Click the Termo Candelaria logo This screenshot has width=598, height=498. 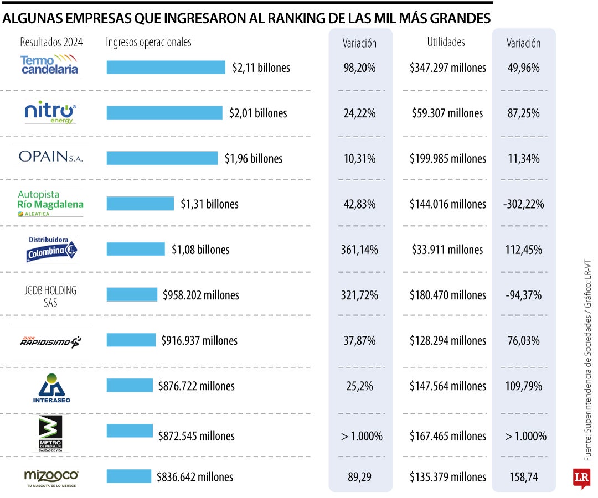[x=50, y=65]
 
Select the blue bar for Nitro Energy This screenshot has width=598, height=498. [x=164, y=113]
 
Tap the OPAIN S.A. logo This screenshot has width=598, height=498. [x=50, y=157]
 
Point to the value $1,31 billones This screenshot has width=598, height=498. [x=209, y=204]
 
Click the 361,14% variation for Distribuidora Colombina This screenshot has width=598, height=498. [x=359, y=250]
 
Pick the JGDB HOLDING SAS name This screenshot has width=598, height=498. [x=50, y=296]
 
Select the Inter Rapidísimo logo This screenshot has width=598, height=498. [x=50, y=341]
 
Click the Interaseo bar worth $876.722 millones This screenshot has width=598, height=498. [x=130, y=385]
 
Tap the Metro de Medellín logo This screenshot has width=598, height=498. [x=50, y=433]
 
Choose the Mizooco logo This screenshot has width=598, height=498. [x=51, y=476]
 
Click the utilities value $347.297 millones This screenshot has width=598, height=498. [x=447, y=68]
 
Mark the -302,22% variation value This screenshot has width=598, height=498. [x=523, y=204]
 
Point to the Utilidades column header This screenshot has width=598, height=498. [x=446, y=42]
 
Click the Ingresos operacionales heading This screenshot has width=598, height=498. [x=148, y=42]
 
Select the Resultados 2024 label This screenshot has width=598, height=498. [x=51, y=43]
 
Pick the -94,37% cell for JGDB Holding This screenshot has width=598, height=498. [x=523, y=295]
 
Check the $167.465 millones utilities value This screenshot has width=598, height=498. [x=447, y=436]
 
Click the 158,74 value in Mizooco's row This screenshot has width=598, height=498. [x=523, y=476]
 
